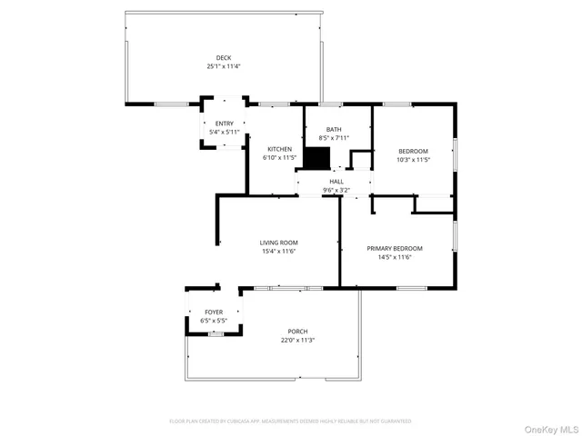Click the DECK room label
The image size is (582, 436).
(x=224, y=58)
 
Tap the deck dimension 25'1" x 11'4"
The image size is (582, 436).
(x=224, y=66)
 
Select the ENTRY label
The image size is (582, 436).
(x=224, y=124)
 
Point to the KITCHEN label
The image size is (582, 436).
(x=279, y=149)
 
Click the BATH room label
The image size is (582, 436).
(x=336, y=130)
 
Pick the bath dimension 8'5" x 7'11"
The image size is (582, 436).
(x=336, y=138)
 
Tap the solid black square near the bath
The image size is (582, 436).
(x=316, y=159)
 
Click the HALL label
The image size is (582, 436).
(x=336, y=182)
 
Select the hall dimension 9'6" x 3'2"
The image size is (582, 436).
(x=336, y=190)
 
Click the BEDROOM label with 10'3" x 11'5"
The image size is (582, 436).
(x=414, y=151)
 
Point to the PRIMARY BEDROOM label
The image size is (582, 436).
(x=395, y=248)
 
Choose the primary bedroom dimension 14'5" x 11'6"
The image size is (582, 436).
(x=395, y=257)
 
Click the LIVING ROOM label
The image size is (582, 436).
(x=279, y=243)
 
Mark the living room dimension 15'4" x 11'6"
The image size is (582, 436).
(x=279, y=252)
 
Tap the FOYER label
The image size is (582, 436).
(x=214, y=312)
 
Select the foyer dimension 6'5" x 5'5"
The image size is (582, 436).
(x=214, y=321)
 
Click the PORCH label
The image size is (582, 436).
(x=297, y=332)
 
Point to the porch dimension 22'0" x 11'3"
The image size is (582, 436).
(x=297, y=341)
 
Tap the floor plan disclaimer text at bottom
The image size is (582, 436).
(x=290, y=421)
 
